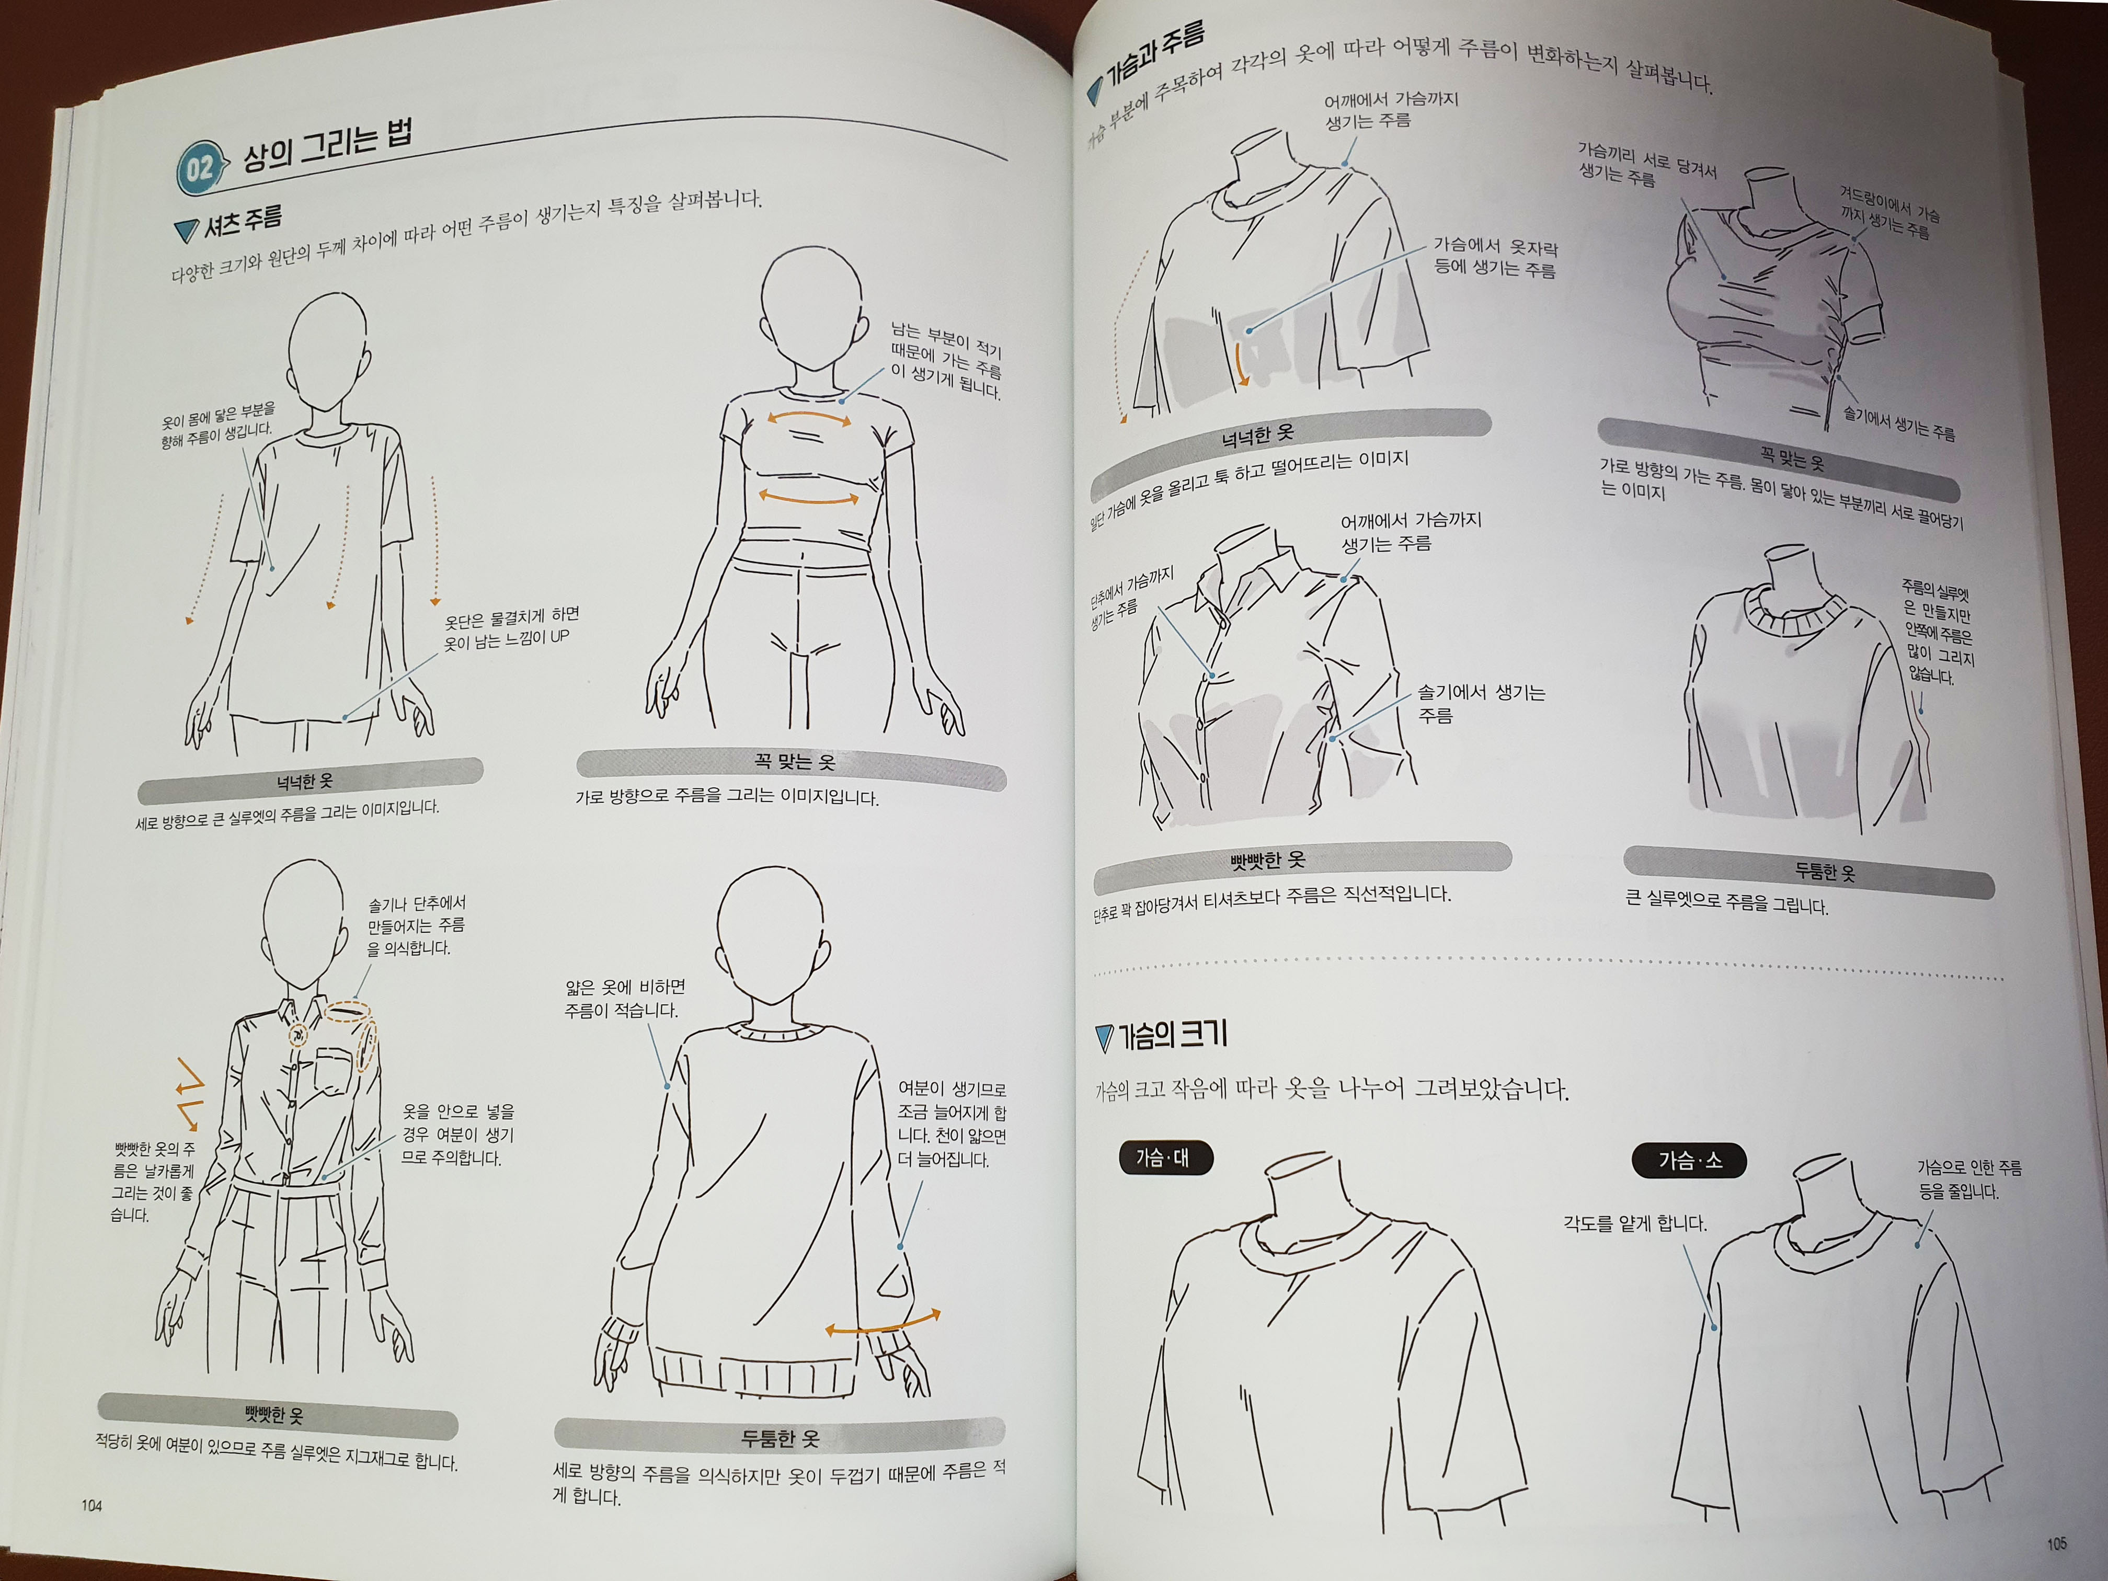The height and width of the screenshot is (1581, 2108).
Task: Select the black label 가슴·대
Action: pos(1164,1158)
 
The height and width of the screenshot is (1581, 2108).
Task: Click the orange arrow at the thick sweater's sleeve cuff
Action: pos(883,1323)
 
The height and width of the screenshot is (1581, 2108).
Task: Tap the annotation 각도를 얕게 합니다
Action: pos(1634,1223)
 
